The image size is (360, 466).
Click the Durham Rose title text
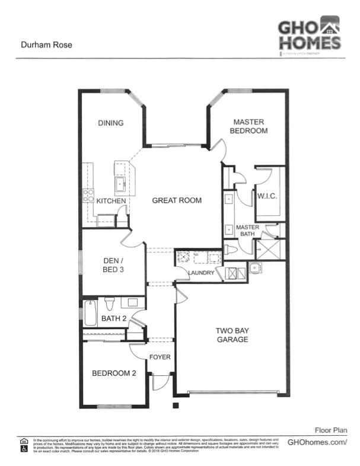point(47,44)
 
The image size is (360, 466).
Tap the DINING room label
point(111,123)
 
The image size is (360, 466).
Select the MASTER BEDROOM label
point(249,126)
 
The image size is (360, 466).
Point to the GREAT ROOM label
point(177,200)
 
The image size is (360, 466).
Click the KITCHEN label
point(111,202)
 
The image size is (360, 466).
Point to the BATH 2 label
point(113,319)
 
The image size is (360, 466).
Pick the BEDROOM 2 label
point(114,374)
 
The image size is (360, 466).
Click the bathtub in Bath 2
point(90,314)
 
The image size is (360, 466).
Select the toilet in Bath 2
point(109,304)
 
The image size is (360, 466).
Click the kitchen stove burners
point(88,195)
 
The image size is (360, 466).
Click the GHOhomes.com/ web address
point(317,442)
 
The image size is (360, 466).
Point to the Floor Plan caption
point(330,430)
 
